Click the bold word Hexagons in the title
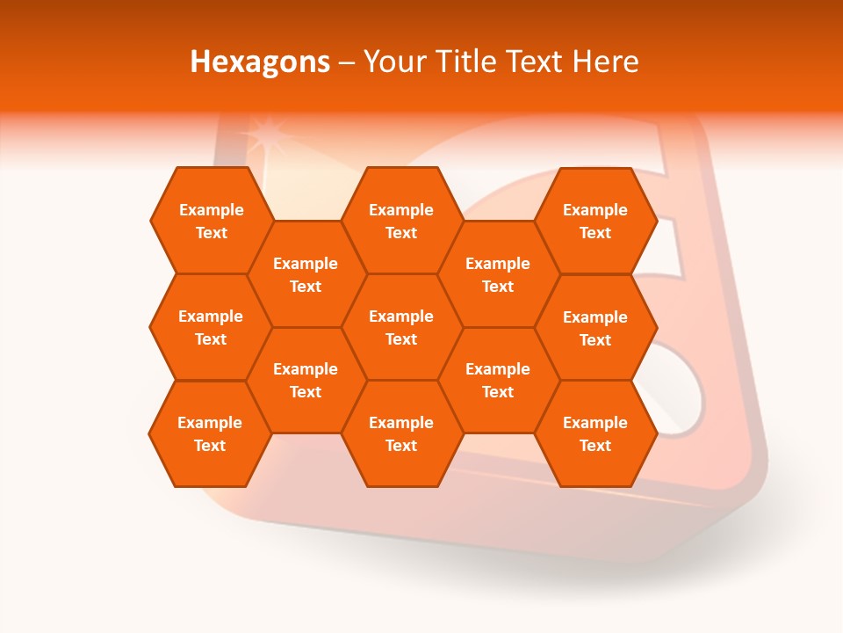pos(260,62)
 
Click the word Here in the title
pos(605,62)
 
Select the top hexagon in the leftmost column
pos(211,221)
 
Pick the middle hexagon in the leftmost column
pos(211,327)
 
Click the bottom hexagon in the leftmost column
pos(210,433)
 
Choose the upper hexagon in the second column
pos(306,274)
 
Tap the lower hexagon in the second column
pos(306,380)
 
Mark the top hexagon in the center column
pos(401,221)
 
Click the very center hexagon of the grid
pos(401,327)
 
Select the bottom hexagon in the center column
pos(401,433)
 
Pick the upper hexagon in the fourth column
pos(498,274)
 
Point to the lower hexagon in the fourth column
pos(498,380)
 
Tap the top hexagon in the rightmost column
pos(595,221)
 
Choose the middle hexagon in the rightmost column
pos(595,328)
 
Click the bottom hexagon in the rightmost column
pos(595,433)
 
